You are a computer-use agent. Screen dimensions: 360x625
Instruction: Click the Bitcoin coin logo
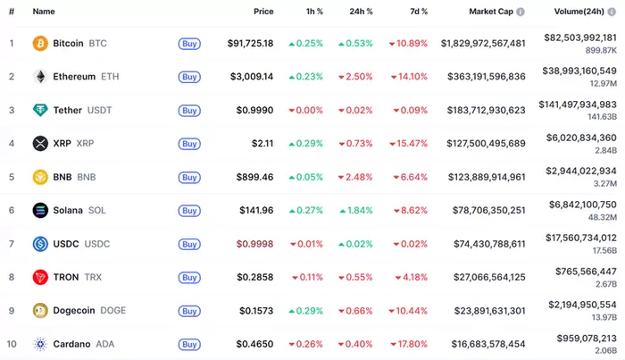tap(40, 43)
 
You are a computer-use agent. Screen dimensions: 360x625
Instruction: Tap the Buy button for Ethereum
tap(188, 77)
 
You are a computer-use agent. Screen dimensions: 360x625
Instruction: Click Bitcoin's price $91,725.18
tap(250, 43)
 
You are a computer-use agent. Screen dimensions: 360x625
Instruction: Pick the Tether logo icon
tap(40, 110)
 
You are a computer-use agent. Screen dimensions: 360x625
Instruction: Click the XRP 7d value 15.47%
tap(408, 143)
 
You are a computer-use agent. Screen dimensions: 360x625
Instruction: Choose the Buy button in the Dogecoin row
tap(188, 310)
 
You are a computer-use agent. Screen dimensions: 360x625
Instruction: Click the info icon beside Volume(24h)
tap(621, 12)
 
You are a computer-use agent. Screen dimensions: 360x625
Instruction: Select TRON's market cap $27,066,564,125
tap(483, 277)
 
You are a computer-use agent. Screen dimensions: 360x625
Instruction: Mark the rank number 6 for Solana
tap(12, 210)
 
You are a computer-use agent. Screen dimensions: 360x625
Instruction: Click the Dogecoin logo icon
tap(40, 310)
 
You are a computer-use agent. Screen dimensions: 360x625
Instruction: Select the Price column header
tap(263, 12)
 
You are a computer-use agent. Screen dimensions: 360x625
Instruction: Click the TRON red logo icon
tap(40, 277)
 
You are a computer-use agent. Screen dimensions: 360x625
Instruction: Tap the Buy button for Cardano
tap(188, 344)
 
